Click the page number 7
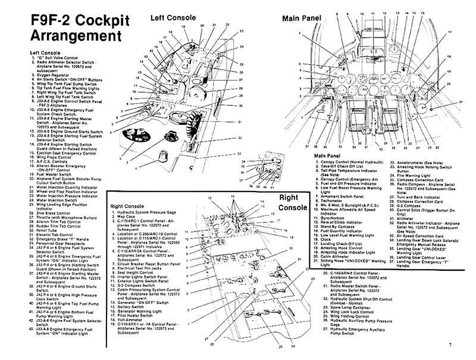[450, 345]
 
